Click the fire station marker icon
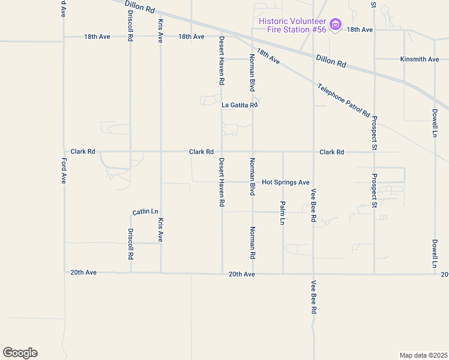[336, 25]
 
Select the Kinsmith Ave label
[420, 59]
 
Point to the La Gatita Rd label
[240, 105]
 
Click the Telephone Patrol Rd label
[343, 99]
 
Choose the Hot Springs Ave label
[286, 182]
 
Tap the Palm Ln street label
[282, 213]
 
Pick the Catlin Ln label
[145, 212]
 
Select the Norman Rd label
[253, 242]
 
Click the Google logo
[20, 353]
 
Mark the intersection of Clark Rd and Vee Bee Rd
[313, 152]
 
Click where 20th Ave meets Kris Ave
[161, 273]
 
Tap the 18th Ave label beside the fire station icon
[360, 29]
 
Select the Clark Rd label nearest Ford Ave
[83, 152]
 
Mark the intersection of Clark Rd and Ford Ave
[64, 152]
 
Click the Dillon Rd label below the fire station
[331, 62]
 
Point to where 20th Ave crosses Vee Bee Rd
[313, 274]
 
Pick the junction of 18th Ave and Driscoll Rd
[130, 37]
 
